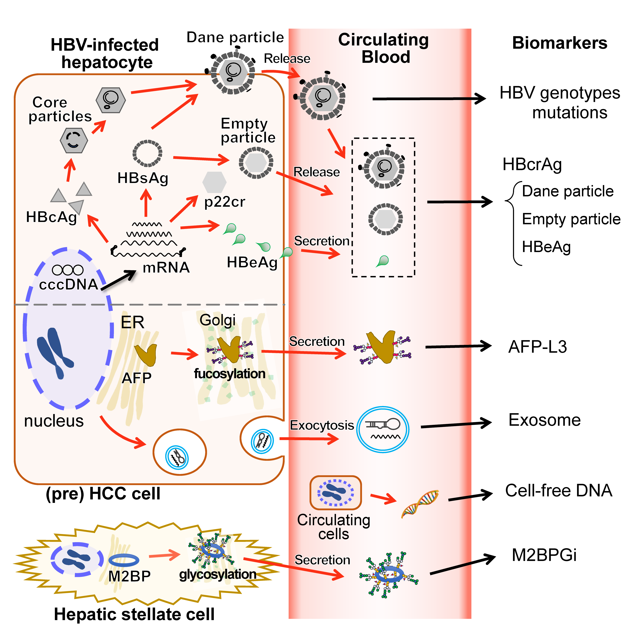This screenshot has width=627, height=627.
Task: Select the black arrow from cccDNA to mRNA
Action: click(118, 280)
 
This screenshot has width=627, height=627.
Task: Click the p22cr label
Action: click(225, 202)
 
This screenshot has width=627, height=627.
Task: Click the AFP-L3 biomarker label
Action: click(537, 347)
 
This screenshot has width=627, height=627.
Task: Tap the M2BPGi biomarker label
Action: click(544, 555)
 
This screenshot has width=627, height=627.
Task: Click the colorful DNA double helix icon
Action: click(420, 504)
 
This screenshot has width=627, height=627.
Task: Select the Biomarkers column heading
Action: click(559, 43)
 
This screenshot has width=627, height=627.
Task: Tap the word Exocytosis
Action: click(322, 425)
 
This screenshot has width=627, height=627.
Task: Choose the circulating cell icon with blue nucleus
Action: click(335, 493)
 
